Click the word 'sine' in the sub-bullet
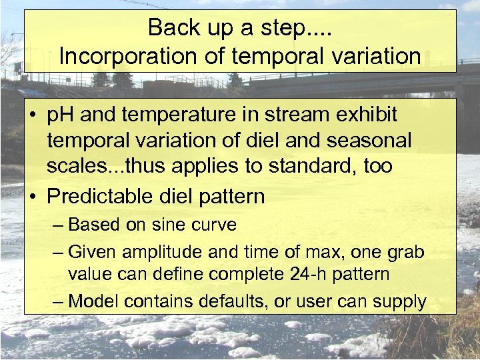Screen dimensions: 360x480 pyautogui.click(x=168, y=225)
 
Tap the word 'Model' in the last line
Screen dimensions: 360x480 pyautogui.click(x=93, y=301)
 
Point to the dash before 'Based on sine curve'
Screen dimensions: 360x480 pyautogui.click(x=58, y=225)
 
